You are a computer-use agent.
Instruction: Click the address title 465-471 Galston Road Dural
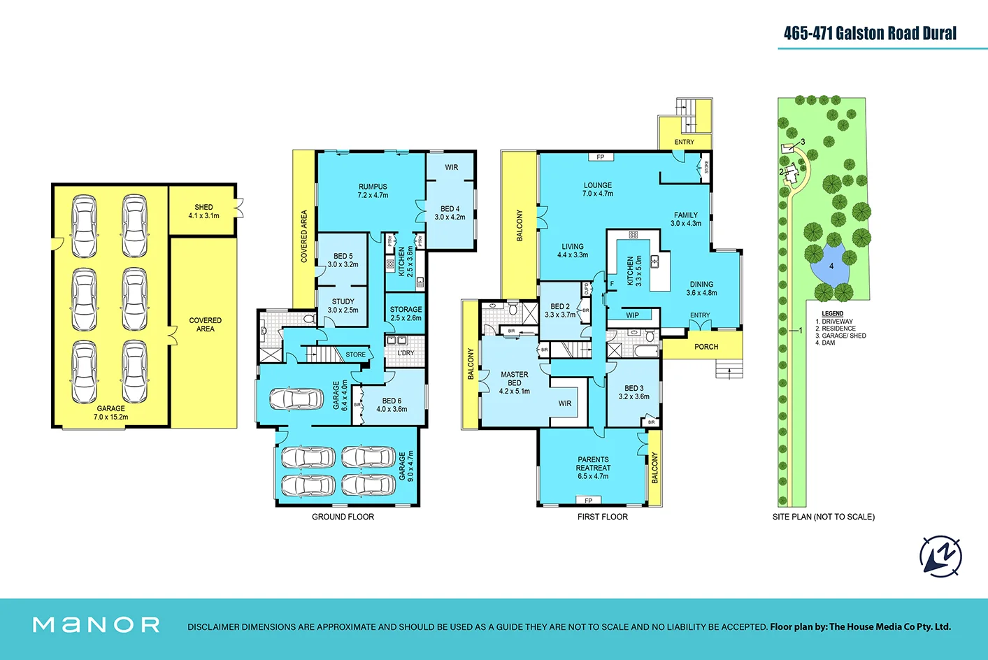[x=869, y=33]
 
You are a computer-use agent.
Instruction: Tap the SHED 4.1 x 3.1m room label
[x=203, y=211]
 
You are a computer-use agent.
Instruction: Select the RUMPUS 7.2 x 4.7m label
[x=373, y=191]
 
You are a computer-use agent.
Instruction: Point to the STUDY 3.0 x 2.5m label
[x=343, y=306]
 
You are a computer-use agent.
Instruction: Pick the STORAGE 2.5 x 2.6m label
[x=406, y=313]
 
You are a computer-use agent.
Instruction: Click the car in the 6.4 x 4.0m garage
[x=296, y=399]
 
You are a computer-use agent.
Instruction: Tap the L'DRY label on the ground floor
[x=406, y=353]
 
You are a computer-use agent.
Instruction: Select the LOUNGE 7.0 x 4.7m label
[x=597, y=189]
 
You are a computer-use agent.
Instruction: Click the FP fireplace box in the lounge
[x=600, y=157]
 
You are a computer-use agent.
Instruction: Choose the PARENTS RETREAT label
[x=593, y=468]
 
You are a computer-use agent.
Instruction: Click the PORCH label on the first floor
[x=706, y=347]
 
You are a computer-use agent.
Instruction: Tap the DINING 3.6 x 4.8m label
[x=701, y=289]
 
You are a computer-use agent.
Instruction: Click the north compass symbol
[x=940, y=557]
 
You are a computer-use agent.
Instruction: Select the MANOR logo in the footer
[x=96, y=624]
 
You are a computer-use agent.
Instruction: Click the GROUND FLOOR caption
[x=343, y=517]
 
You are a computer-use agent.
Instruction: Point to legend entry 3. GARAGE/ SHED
[x=840, y=336]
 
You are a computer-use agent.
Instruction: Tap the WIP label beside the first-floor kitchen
[x=632, y=315]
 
